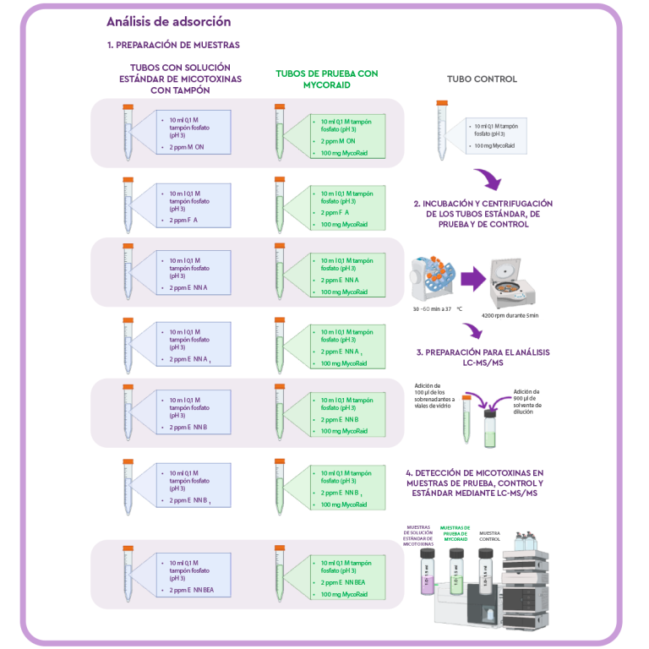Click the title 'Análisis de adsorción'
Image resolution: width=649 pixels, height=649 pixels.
point(168,22)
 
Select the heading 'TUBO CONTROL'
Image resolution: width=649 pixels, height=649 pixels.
point(482,79)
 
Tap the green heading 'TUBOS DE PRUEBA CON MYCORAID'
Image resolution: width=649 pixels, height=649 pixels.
point(326,79)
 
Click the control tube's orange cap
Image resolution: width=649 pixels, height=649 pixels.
point(441,102)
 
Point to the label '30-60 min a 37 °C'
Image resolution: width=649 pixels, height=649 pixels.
point(437,309)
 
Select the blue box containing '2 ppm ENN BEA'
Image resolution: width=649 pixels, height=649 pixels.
point(193,576)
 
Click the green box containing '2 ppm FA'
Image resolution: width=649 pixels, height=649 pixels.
point(346,208)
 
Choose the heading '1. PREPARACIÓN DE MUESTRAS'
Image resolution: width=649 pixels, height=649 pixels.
point(173,45)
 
